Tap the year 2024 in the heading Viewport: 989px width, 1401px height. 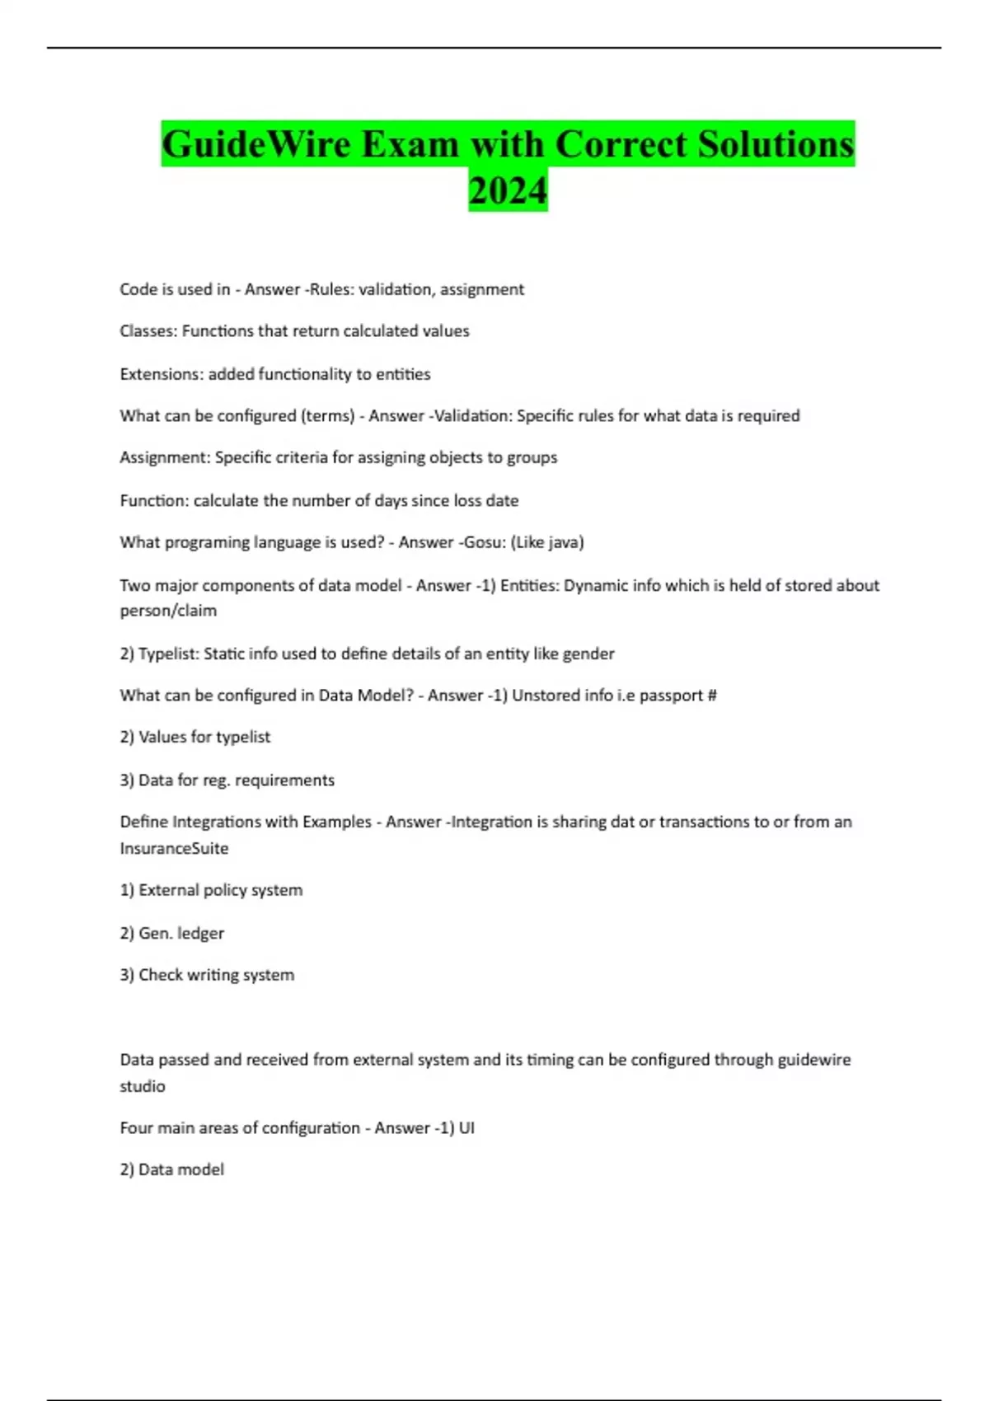pos(508,190)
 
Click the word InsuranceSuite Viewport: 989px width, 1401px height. pos(174,848)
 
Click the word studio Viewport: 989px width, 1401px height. pos(143,1086)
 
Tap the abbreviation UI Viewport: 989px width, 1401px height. pos(466,1128)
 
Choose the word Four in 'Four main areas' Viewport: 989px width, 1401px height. pos(137,1128)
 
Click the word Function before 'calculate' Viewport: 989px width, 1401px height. pos(153,500)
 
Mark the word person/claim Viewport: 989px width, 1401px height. pos(168,611)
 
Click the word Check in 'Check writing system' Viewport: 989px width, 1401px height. pos(160,975)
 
